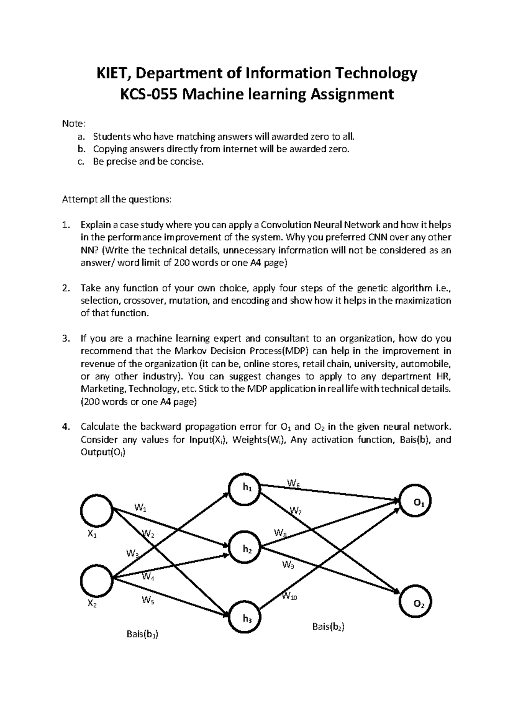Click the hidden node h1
pyautogui.click(x=247, y=487)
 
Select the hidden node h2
pyautogui.click(x=247, y=549)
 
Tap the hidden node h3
pyautogui.click(x=247, y=618)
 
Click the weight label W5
pyautogui.click(x=148, y=600)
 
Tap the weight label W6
pyautogui.click(x=293, y=484)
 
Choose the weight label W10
pyautogui.click(x=290, y=595)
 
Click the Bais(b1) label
pyautogui.click(x=142, y=635)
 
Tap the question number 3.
pyautogui.click(x=65, y=339)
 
